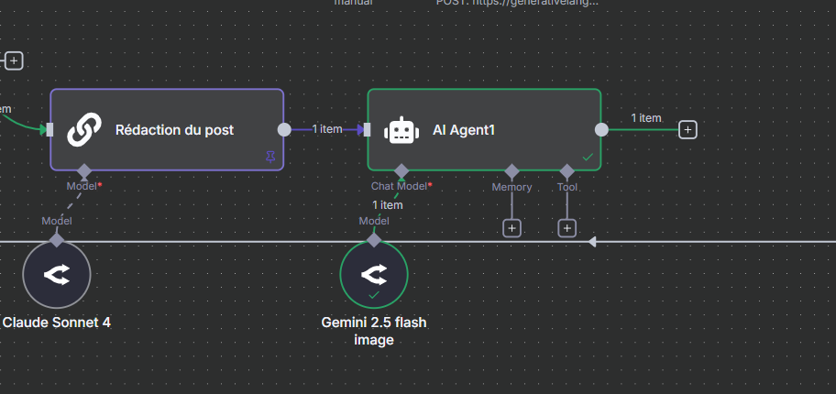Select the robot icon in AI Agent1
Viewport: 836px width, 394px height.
(x=400, y=130)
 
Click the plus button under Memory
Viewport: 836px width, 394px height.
(x=511, y=227)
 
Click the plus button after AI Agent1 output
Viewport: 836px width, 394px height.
(x=687, y=130)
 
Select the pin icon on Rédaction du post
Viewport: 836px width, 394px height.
(x=269, y=158)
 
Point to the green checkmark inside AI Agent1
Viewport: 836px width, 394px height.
(x=588, y=158)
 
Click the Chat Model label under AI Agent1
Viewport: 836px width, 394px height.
(x=400, y=187)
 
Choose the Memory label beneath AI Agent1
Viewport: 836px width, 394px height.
(x=511, y=187)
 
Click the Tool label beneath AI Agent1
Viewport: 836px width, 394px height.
(x=567, y=187)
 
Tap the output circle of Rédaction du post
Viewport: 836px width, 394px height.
(x=284, y=130)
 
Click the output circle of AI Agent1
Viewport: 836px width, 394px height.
(x=601, y=130)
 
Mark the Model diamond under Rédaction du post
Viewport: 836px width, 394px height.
(x=84, y=171)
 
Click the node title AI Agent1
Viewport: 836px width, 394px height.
(x=464, y=130)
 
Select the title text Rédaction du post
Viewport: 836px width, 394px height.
(x=174, y=130)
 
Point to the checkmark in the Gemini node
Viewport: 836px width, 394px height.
(x=373, y=295)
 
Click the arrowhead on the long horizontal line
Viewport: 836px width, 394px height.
(x=592, y=242)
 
